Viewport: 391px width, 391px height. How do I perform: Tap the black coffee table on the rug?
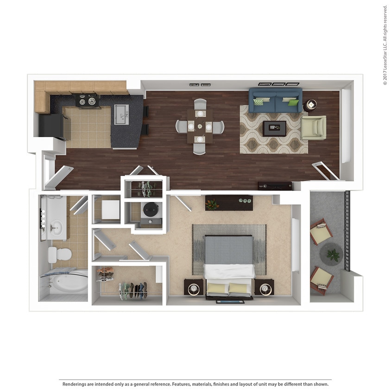pyautogui.click(x=274, y=128)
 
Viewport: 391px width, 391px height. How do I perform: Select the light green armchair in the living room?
pyautogui.click(x=314, y=127)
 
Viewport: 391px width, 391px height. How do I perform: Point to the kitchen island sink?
pyautogui.click(x=121, y=114)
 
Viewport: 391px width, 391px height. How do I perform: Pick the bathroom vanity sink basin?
pyautogui.click(x=57, y=227)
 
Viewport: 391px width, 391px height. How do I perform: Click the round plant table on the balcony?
pyautogui.click(x=332, y=254)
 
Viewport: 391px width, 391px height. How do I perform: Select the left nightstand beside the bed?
pyautogui.click(x=193, y=287)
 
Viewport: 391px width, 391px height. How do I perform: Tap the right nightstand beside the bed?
pyautogui.click(x=264, y=287)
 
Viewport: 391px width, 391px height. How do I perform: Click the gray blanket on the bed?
pyautogui.click(x=229, y=250)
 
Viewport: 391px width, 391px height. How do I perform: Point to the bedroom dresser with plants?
pyautogui.click(x=229, y=202)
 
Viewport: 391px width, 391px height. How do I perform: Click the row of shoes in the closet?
pyautogui.click(x=133, y=290)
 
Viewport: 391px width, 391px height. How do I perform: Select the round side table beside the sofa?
pyautogui.click(x=309, y=105)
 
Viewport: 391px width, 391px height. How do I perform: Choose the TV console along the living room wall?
pyautogui.click(x=275, y=186)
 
